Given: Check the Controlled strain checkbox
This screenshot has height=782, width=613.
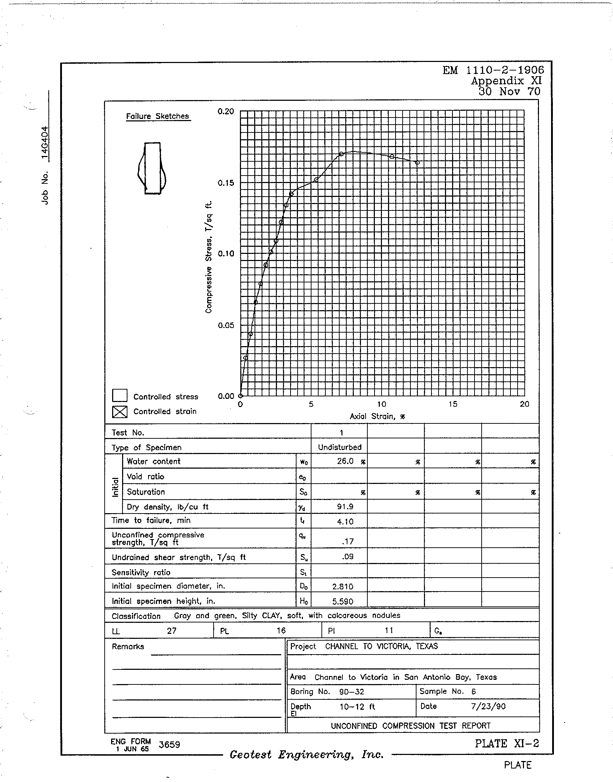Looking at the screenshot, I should coord(120,411).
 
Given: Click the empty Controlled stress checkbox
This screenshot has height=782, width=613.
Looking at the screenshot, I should coord(120,396).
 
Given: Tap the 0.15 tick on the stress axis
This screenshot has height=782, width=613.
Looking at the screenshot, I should coord(226,183).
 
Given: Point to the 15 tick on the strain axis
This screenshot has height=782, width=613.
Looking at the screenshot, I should coord(453,404).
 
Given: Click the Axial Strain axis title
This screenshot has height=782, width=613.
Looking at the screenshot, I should coord(378,417).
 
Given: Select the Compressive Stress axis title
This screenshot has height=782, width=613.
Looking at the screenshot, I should coord(209,257).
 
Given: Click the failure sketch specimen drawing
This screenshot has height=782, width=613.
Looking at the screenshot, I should coord(152,168).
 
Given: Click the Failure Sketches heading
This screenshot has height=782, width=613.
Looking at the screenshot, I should coord(158,116).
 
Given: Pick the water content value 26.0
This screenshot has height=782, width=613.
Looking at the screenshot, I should coord(345,462).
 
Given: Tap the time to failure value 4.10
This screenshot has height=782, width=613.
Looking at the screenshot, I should coord(345,522).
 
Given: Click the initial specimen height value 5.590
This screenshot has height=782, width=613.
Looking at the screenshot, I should coord(343,601).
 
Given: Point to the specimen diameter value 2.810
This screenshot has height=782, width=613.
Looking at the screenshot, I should coord(343,586).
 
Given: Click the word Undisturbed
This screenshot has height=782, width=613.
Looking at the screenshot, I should coord(340,447).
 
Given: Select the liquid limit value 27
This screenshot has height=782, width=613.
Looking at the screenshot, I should coord(172,631).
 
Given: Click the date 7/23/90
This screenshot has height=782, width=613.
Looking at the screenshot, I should coord(488,707).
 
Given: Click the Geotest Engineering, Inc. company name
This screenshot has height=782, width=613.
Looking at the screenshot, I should coord(306,755).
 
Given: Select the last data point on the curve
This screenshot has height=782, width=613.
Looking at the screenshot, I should coord(418,163).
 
